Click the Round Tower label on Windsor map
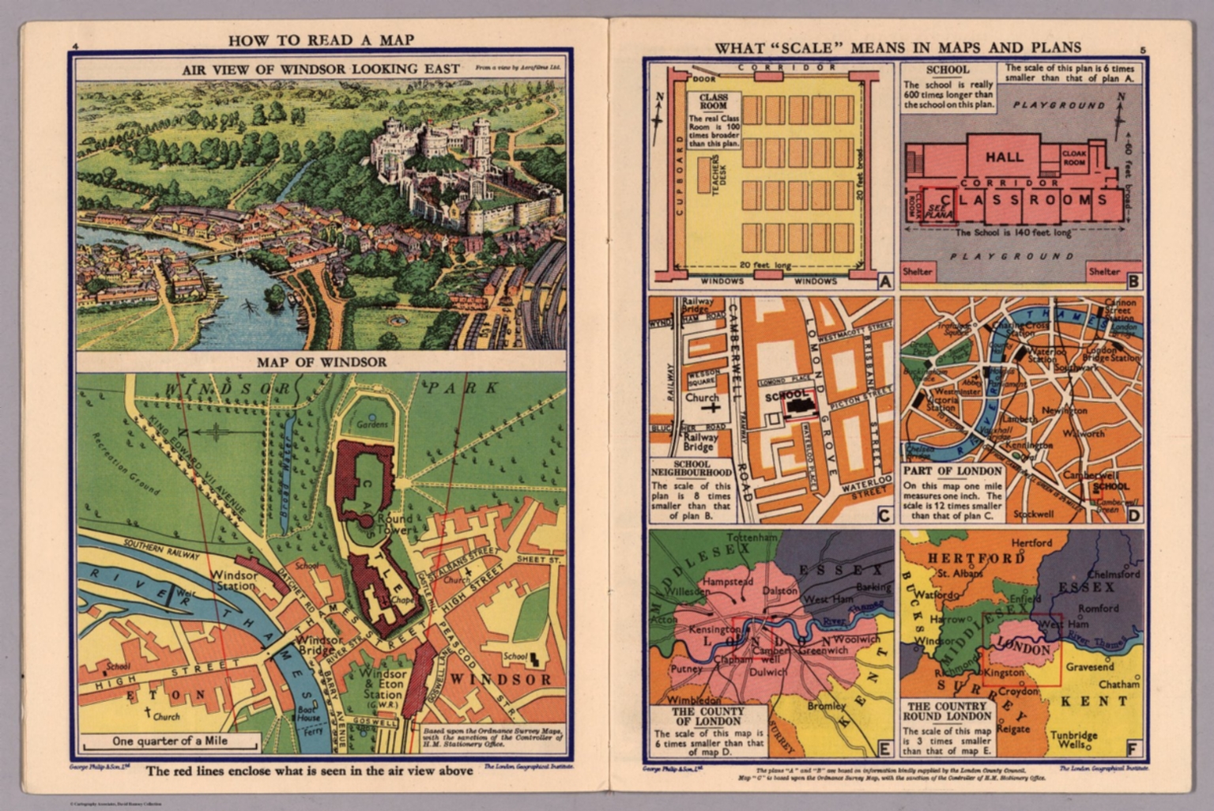394,524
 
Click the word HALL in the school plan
1004,157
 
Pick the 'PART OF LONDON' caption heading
952,471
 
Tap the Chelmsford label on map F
1114,575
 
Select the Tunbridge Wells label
1074,741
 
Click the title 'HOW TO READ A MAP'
320,40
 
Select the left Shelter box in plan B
918,271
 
